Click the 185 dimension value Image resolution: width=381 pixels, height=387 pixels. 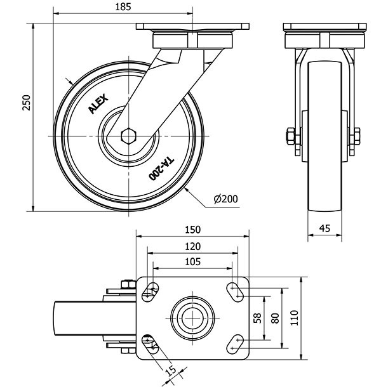[123, 7]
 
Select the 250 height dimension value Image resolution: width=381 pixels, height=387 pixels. [25, 103]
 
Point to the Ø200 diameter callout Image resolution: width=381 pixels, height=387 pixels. [225, 199]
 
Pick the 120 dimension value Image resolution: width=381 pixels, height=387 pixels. [193, 246]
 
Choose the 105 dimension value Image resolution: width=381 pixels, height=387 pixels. [193, 261]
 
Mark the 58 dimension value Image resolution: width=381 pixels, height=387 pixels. [257, 317]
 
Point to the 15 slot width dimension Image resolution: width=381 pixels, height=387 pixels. [171, 371]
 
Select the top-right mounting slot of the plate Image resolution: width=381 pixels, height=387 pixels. [238, 291]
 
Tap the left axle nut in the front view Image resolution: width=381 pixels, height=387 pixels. [290, 136]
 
